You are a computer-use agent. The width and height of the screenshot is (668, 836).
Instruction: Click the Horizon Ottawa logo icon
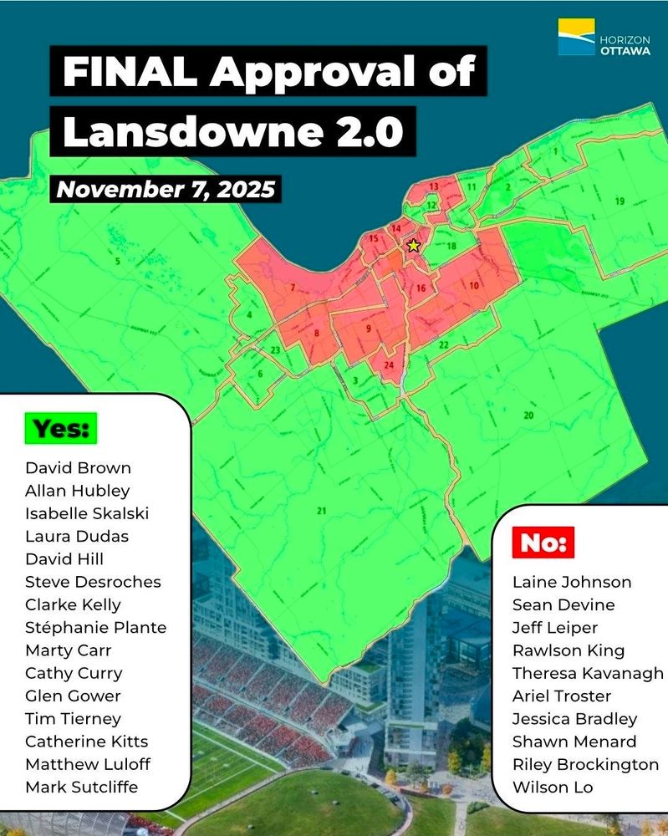tap(576, 38)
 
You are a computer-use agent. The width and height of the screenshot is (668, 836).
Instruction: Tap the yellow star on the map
tap(412, 246)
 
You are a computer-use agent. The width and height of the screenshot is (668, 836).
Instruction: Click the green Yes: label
tap(60, 429)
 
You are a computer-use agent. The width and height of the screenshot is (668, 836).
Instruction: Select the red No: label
tap(544, 543)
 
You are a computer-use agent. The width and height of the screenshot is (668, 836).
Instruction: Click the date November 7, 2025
tap(166, 189)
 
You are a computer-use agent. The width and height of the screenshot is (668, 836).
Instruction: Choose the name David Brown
tap(78, 467)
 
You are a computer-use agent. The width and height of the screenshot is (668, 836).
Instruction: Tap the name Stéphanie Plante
tap(95, 627)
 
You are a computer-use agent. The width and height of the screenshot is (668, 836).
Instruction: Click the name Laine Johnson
tap(571, 582)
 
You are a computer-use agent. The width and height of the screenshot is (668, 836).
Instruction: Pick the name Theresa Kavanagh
tap(588, 673)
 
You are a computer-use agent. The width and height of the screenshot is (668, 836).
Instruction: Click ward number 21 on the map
tap(321, 511)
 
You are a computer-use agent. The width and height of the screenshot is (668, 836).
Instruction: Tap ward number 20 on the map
tap(528, 415)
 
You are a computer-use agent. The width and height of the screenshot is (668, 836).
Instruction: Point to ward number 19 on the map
tap(619, 201)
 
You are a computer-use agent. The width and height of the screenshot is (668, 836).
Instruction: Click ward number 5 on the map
tap(118, 262)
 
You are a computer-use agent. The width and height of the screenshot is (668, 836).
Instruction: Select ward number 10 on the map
tap(474, 286)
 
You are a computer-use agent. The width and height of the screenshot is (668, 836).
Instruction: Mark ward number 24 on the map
tap(389, 365)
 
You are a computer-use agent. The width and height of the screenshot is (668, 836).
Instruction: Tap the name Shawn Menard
tap(574, 741)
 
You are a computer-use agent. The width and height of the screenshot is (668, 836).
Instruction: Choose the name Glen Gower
tap(73, 696)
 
